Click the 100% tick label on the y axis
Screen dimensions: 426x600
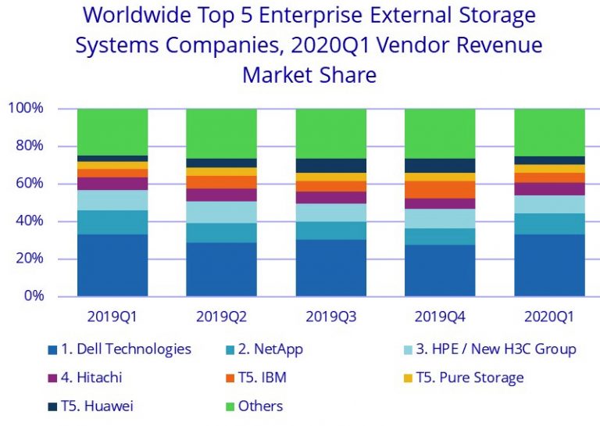point(26,108)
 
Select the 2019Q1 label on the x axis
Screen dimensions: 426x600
point(112,318)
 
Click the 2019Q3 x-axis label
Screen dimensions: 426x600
point(330,318)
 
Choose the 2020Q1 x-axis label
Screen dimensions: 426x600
point(549,318)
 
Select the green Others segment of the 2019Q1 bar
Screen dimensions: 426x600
point(112,131)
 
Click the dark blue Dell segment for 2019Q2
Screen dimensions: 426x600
point(221,269)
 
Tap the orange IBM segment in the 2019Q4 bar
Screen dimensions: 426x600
point(440,189)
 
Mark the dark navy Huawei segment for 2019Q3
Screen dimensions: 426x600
point(330,166)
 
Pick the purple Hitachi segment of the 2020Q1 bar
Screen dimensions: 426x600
point(549,189)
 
